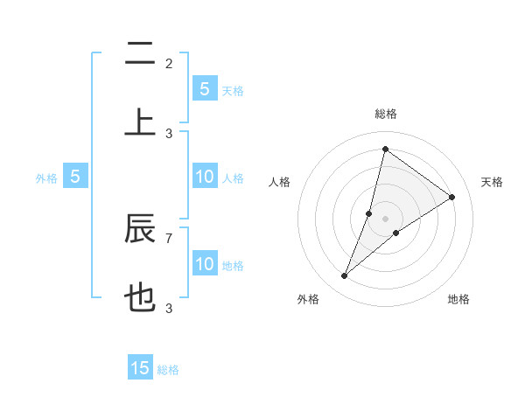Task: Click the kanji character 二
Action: point(140,53)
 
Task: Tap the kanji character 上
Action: point(140,123)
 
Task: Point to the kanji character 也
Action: point(140,298)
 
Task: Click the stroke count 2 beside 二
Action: point(169,63)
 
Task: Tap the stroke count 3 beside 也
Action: point(169,308)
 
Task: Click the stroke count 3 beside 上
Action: point(169,133)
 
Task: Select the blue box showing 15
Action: point(140,368)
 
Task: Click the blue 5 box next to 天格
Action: point(205,89)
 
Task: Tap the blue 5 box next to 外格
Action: point(75,177)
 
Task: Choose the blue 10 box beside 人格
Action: point(205,177)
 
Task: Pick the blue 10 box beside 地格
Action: point(205,263)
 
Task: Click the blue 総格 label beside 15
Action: point(168,370)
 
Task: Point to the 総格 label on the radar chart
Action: point(386,114)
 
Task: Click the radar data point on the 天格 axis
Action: point(452,198)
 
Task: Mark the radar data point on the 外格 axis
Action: point(345,276)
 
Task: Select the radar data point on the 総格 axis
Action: point(385,150)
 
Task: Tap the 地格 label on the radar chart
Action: point(458,300)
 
